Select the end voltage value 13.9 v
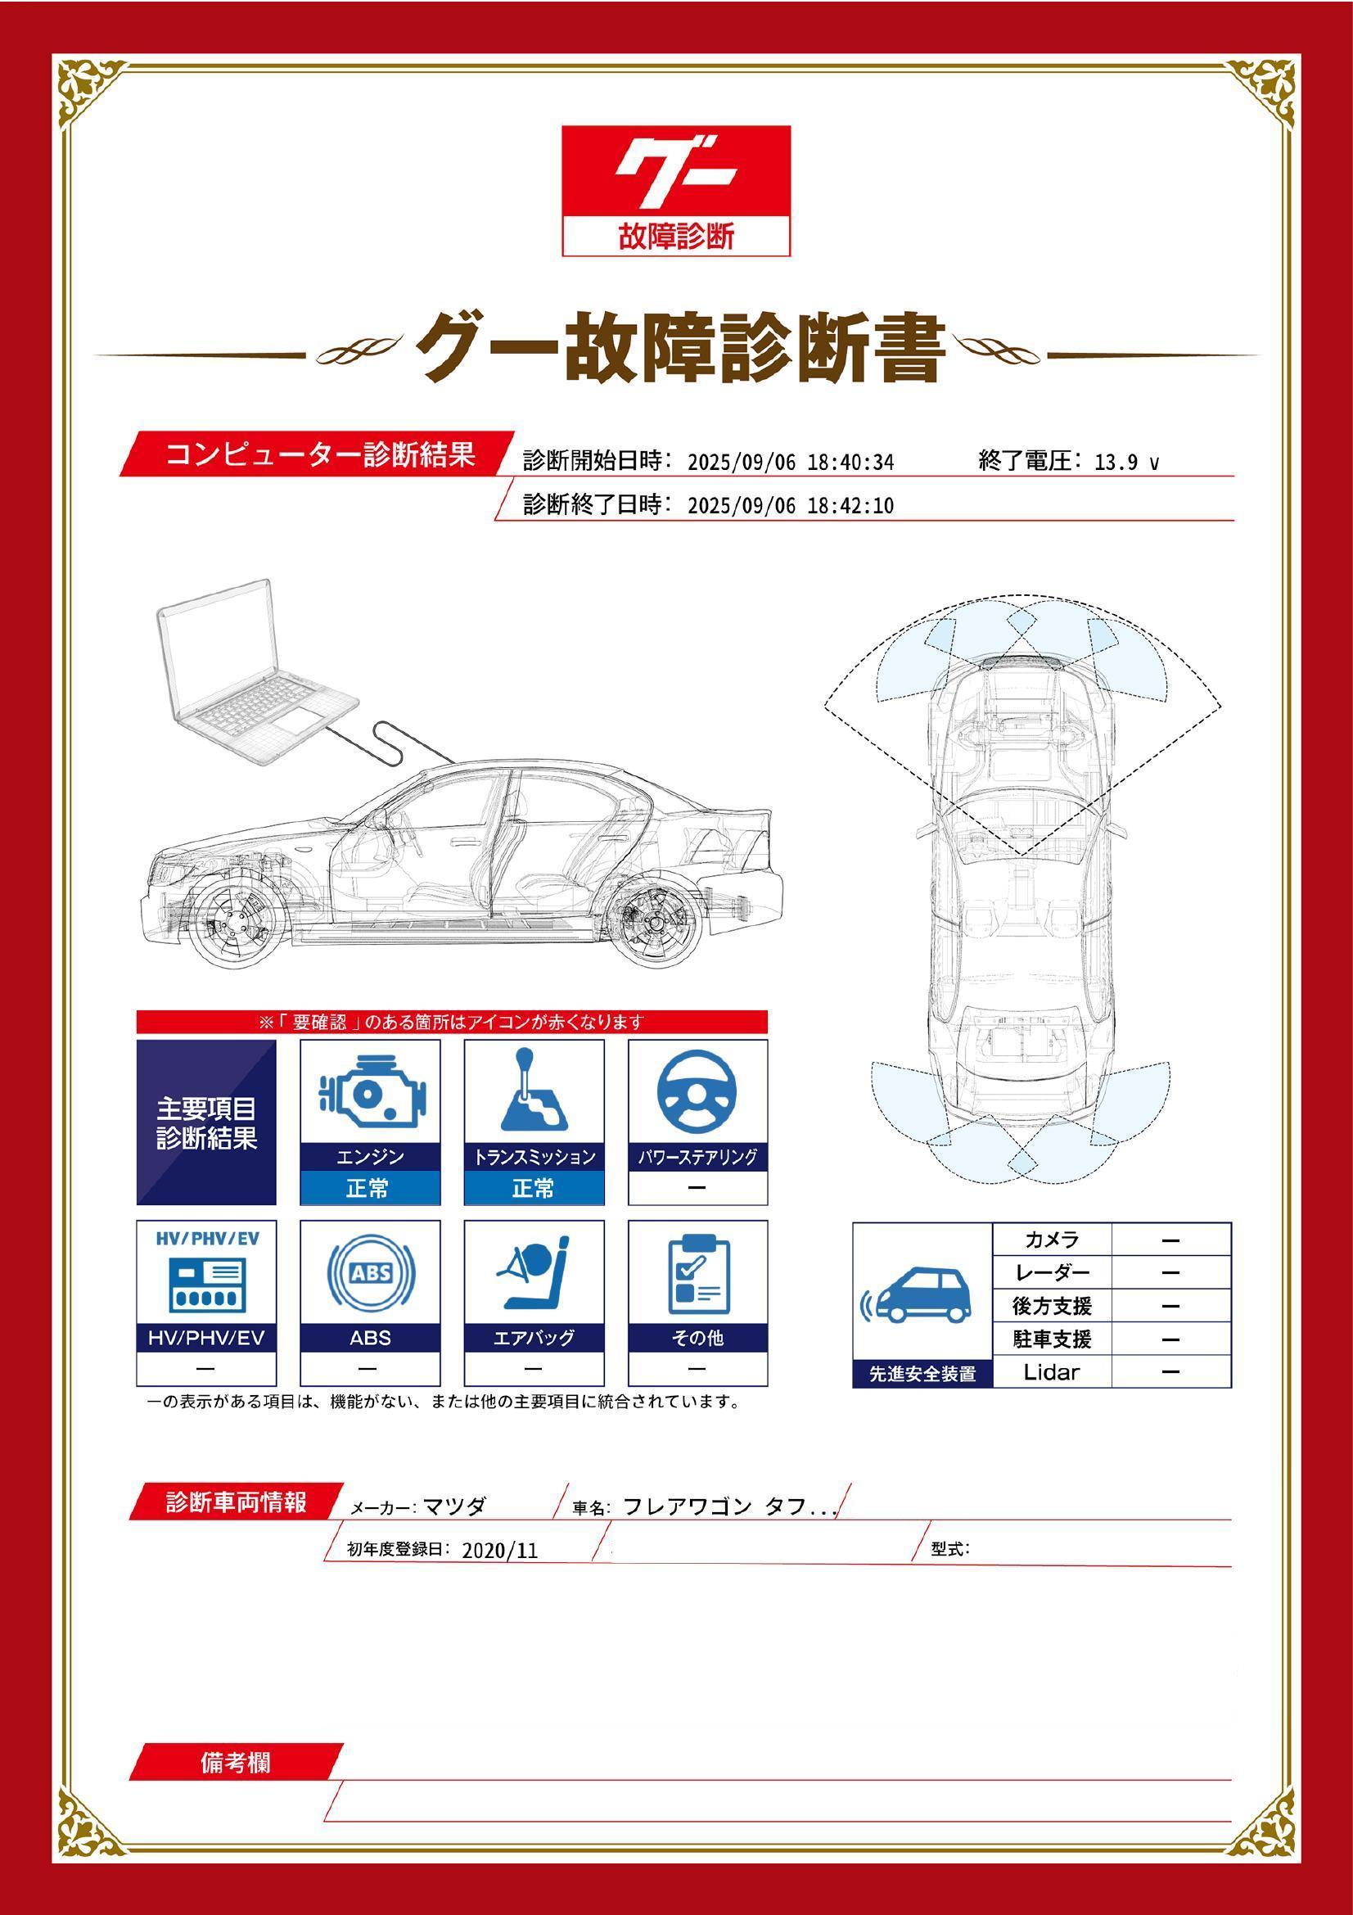(x=1125, y=463)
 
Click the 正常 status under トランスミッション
(x=534, y=1188)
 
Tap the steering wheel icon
(x=697, y=1094)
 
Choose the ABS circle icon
(x=369, y=1274)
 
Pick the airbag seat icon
(x=534, y=1274)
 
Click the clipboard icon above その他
(x=697, y=1274)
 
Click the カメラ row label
(x=1051, y=1240)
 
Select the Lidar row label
(x=1051, y=1371)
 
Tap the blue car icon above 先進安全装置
(x=920, y=1297)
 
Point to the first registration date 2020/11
(x=499, y=1550)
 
